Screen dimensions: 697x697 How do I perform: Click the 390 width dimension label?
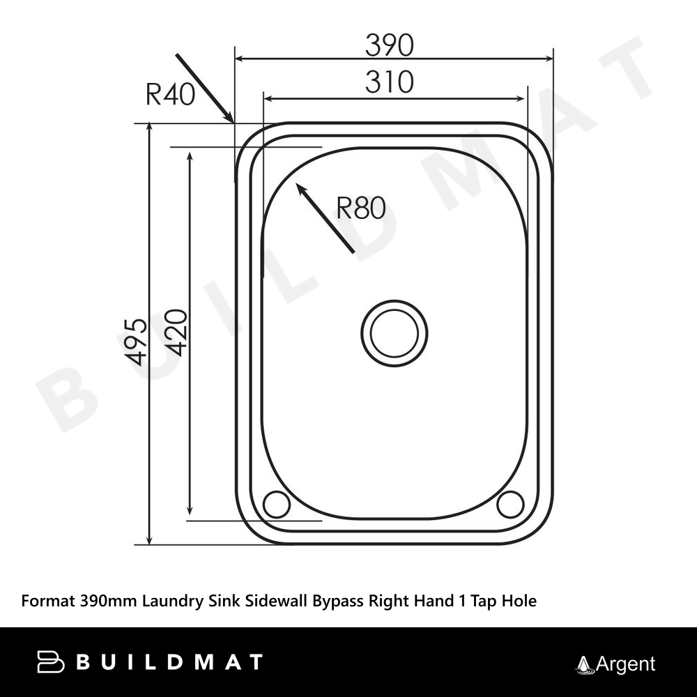390,45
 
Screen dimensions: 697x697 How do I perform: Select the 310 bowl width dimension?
390,82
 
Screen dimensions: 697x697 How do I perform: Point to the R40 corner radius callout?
171,94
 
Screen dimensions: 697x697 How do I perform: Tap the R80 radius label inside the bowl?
361,208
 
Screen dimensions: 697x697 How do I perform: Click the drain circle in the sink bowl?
395,333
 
